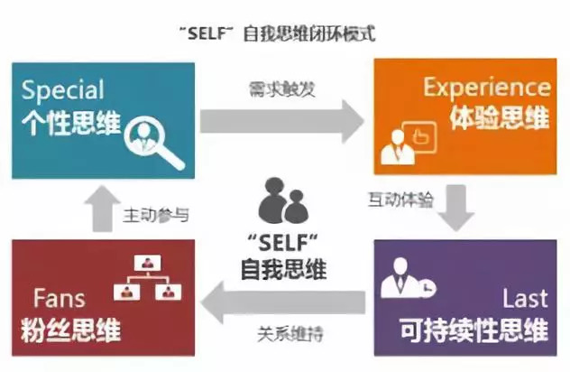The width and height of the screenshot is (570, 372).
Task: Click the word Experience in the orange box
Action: [x=487, y=88]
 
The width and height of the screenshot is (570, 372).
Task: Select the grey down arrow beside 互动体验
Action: [x=459, y=209]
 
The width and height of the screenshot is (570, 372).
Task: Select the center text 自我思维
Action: [x=283, y=270]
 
